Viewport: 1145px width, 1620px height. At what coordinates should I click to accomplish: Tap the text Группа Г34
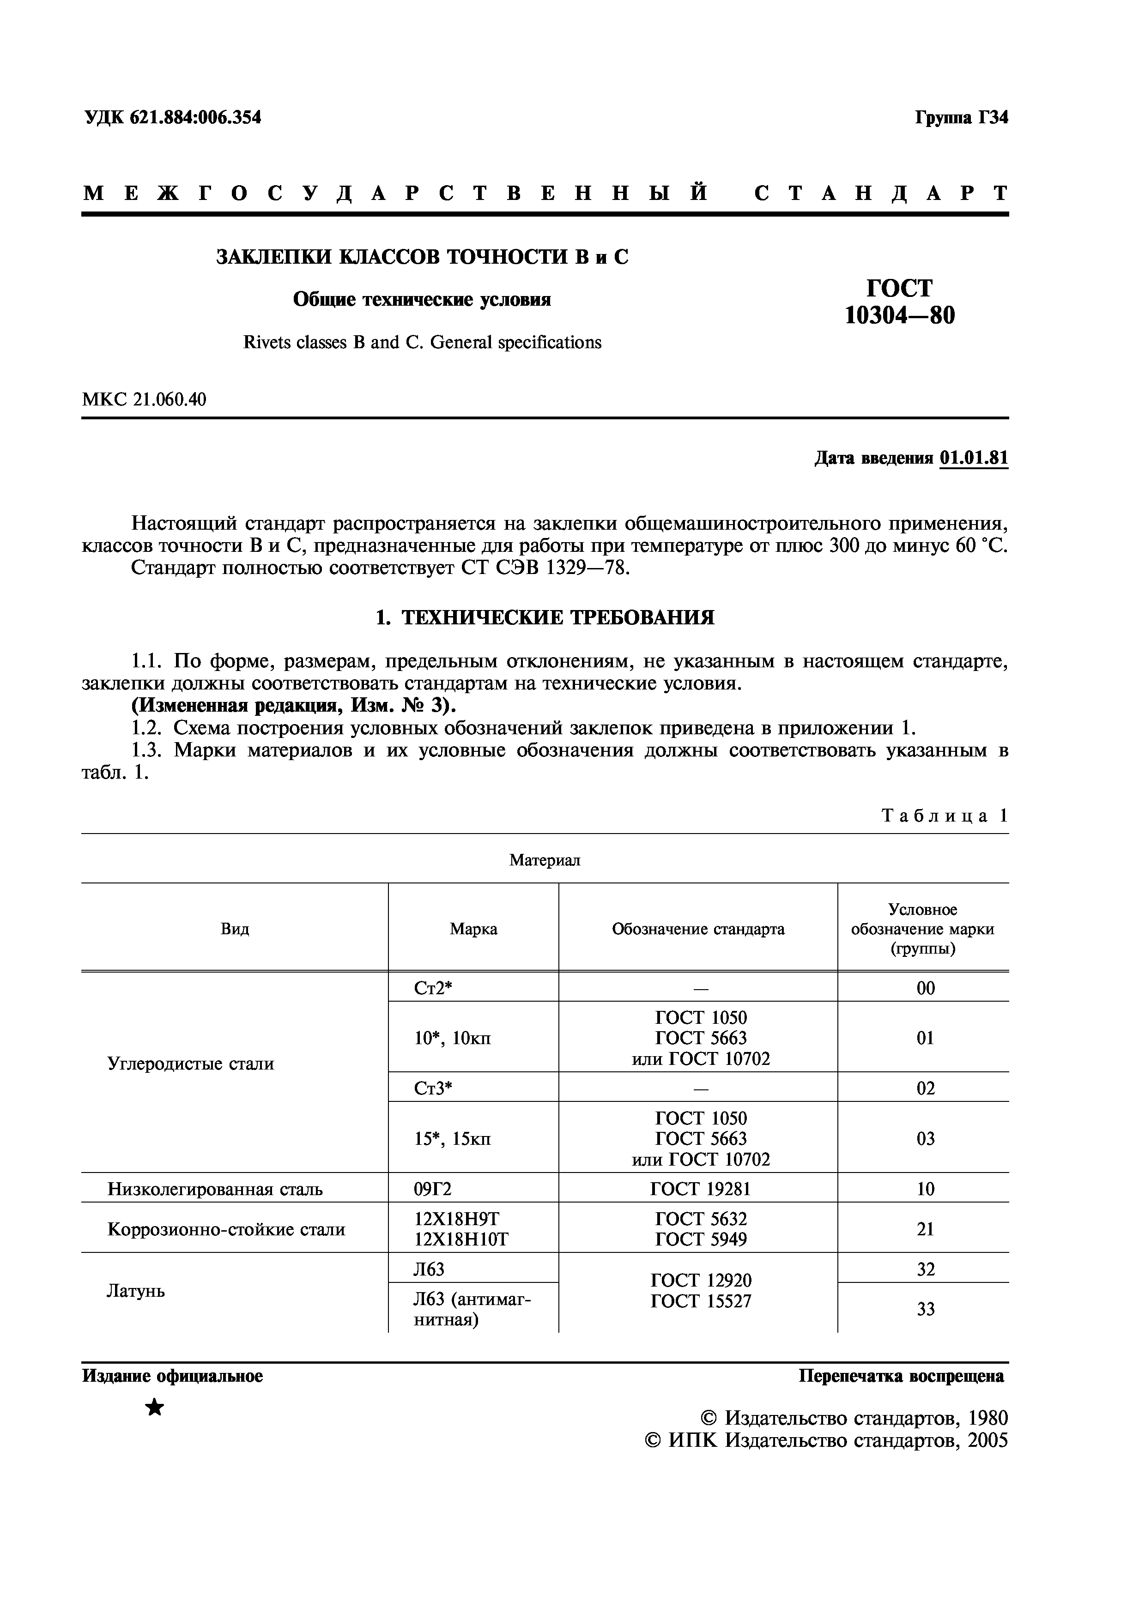coord(962,118)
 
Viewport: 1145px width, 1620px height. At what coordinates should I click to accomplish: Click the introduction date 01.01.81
coord(974,458)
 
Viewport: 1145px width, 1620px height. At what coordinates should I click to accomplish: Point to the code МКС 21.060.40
coord(145,399)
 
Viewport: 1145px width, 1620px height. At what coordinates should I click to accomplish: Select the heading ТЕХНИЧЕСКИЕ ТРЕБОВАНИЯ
coord(557,618)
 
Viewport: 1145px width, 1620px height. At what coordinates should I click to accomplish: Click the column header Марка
coord(473,929)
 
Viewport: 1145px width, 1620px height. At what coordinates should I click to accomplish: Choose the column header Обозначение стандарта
coord(698,929)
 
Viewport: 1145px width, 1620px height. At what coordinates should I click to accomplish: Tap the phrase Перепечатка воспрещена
coord(901,1376)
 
